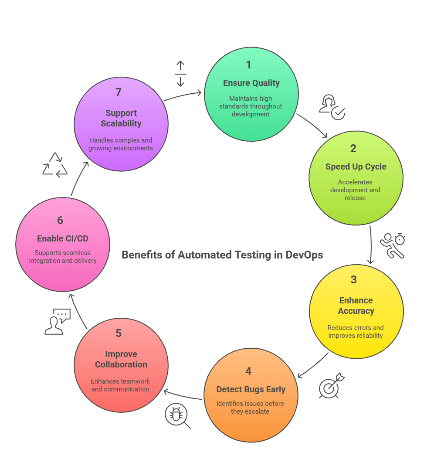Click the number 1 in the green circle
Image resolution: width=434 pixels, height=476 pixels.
(x=248, y=65)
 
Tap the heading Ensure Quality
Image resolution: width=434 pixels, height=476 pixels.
(x=251, y=83)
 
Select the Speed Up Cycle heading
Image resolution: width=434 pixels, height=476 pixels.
(x=356, y=167)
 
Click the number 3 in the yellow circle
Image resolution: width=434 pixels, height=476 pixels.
(x=353, y=279)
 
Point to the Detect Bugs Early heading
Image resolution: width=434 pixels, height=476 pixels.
(x=251, y=389)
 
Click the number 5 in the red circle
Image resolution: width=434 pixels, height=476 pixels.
(x=119, y=333)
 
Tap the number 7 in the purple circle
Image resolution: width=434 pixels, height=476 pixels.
(x=118, y=92)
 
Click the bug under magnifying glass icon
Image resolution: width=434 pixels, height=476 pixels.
(x=177, y=415)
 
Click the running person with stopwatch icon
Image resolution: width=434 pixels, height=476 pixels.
(x=392, y=245)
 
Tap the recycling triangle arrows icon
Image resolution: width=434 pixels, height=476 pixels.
(x=55, y=165)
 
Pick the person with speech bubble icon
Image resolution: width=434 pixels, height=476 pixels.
(x=57, y=322)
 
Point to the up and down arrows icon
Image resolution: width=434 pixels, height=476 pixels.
(x=180, y=74)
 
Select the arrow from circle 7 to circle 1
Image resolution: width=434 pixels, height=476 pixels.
(x=183, y=95)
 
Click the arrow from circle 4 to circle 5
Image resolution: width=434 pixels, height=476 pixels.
(x=183, y=395)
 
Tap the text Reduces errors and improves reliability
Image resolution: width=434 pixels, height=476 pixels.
(x=356, y=332)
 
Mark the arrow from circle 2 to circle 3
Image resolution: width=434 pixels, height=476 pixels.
(x=371, y=244)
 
